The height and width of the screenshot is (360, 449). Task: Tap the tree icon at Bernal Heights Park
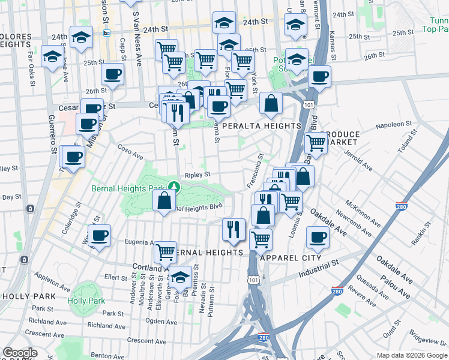[x=173, y=187]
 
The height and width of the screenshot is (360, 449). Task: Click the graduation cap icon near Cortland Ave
[x=180, y=277]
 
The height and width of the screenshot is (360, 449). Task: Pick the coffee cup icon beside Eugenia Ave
[x=99, y=235]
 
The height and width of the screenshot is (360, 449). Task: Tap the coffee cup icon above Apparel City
[x=318, y=236]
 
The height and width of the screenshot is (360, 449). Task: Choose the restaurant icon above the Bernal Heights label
[x=232, y=228]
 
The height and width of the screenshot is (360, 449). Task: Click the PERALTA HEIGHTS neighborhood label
[x=261, y=126]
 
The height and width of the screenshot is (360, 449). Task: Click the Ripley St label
[x=197, y=175]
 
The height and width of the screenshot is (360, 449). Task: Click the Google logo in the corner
[x=20, y=353]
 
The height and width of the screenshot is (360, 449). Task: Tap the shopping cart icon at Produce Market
[x=315, y=143]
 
